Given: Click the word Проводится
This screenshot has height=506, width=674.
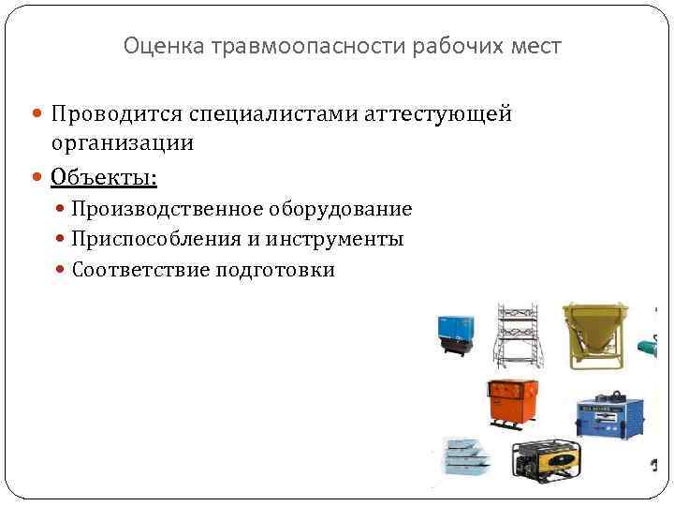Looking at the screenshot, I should pos(115,114).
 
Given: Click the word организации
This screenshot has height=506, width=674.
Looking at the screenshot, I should pos(123,143).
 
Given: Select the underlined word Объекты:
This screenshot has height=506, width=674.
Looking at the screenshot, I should pos(104,176).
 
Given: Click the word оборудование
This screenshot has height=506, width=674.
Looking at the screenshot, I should pos(344,209).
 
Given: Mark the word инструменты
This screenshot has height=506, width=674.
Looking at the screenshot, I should pos(334,240).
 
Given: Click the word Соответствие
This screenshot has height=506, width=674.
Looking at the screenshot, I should pos(140,271).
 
